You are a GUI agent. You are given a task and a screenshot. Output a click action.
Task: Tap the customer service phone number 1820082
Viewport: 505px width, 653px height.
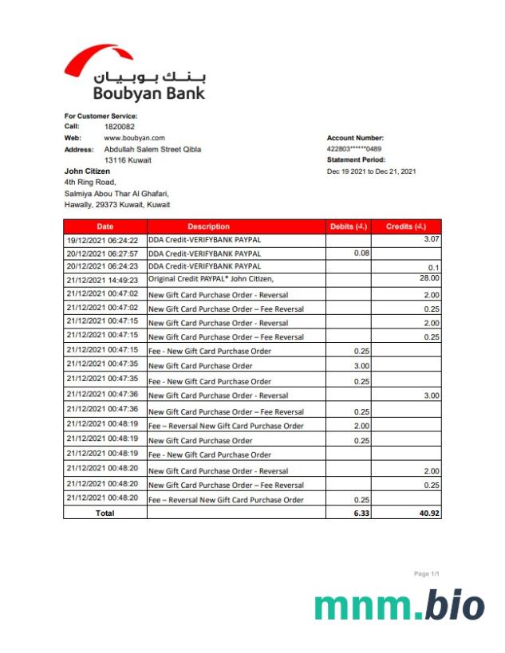[120, 127]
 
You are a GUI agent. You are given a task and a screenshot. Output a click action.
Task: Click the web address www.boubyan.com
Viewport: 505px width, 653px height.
[134, 138]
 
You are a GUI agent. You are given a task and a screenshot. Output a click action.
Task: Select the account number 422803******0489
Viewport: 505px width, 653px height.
[354, 149]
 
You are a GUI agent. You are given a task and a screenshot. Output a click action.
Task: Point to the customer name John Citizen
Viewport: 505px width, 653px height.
[87, 171]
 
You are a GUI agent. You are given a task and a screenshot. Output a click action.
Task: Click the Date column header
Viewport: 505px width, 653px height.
[105, 226]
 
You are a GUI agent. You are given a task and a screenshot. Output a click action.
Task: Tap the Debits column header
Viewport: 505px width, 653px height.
[349, 226]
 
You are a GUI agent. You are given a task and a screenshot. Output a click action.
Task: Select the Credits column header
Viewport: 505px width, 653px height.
[407, 226]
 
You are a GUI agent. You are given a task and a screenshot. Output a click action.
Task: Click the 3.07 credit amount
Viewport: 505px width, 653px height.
[432, 239]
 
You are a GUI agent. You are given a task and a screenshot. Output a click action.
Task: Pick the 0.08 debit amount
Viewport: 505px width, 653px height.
[361, 253]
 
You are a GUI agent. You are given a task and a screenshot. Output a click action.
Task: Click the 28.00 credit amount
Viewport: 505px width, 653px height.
[429, 278]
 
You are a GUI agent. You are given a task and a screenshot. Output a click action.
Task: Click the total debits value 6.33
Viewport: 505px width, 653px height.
[361, 513]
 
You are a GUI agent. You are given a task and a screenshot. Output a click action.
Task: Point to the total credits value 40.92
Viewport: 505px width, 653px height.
[428, 513]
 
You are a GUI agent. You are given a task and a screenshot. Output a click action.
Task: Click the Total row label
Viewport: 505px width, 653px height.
[105, 513]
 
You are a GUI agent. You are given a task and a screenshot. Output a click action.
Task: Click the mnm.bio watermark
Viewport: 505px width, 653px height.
[399, 607]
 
